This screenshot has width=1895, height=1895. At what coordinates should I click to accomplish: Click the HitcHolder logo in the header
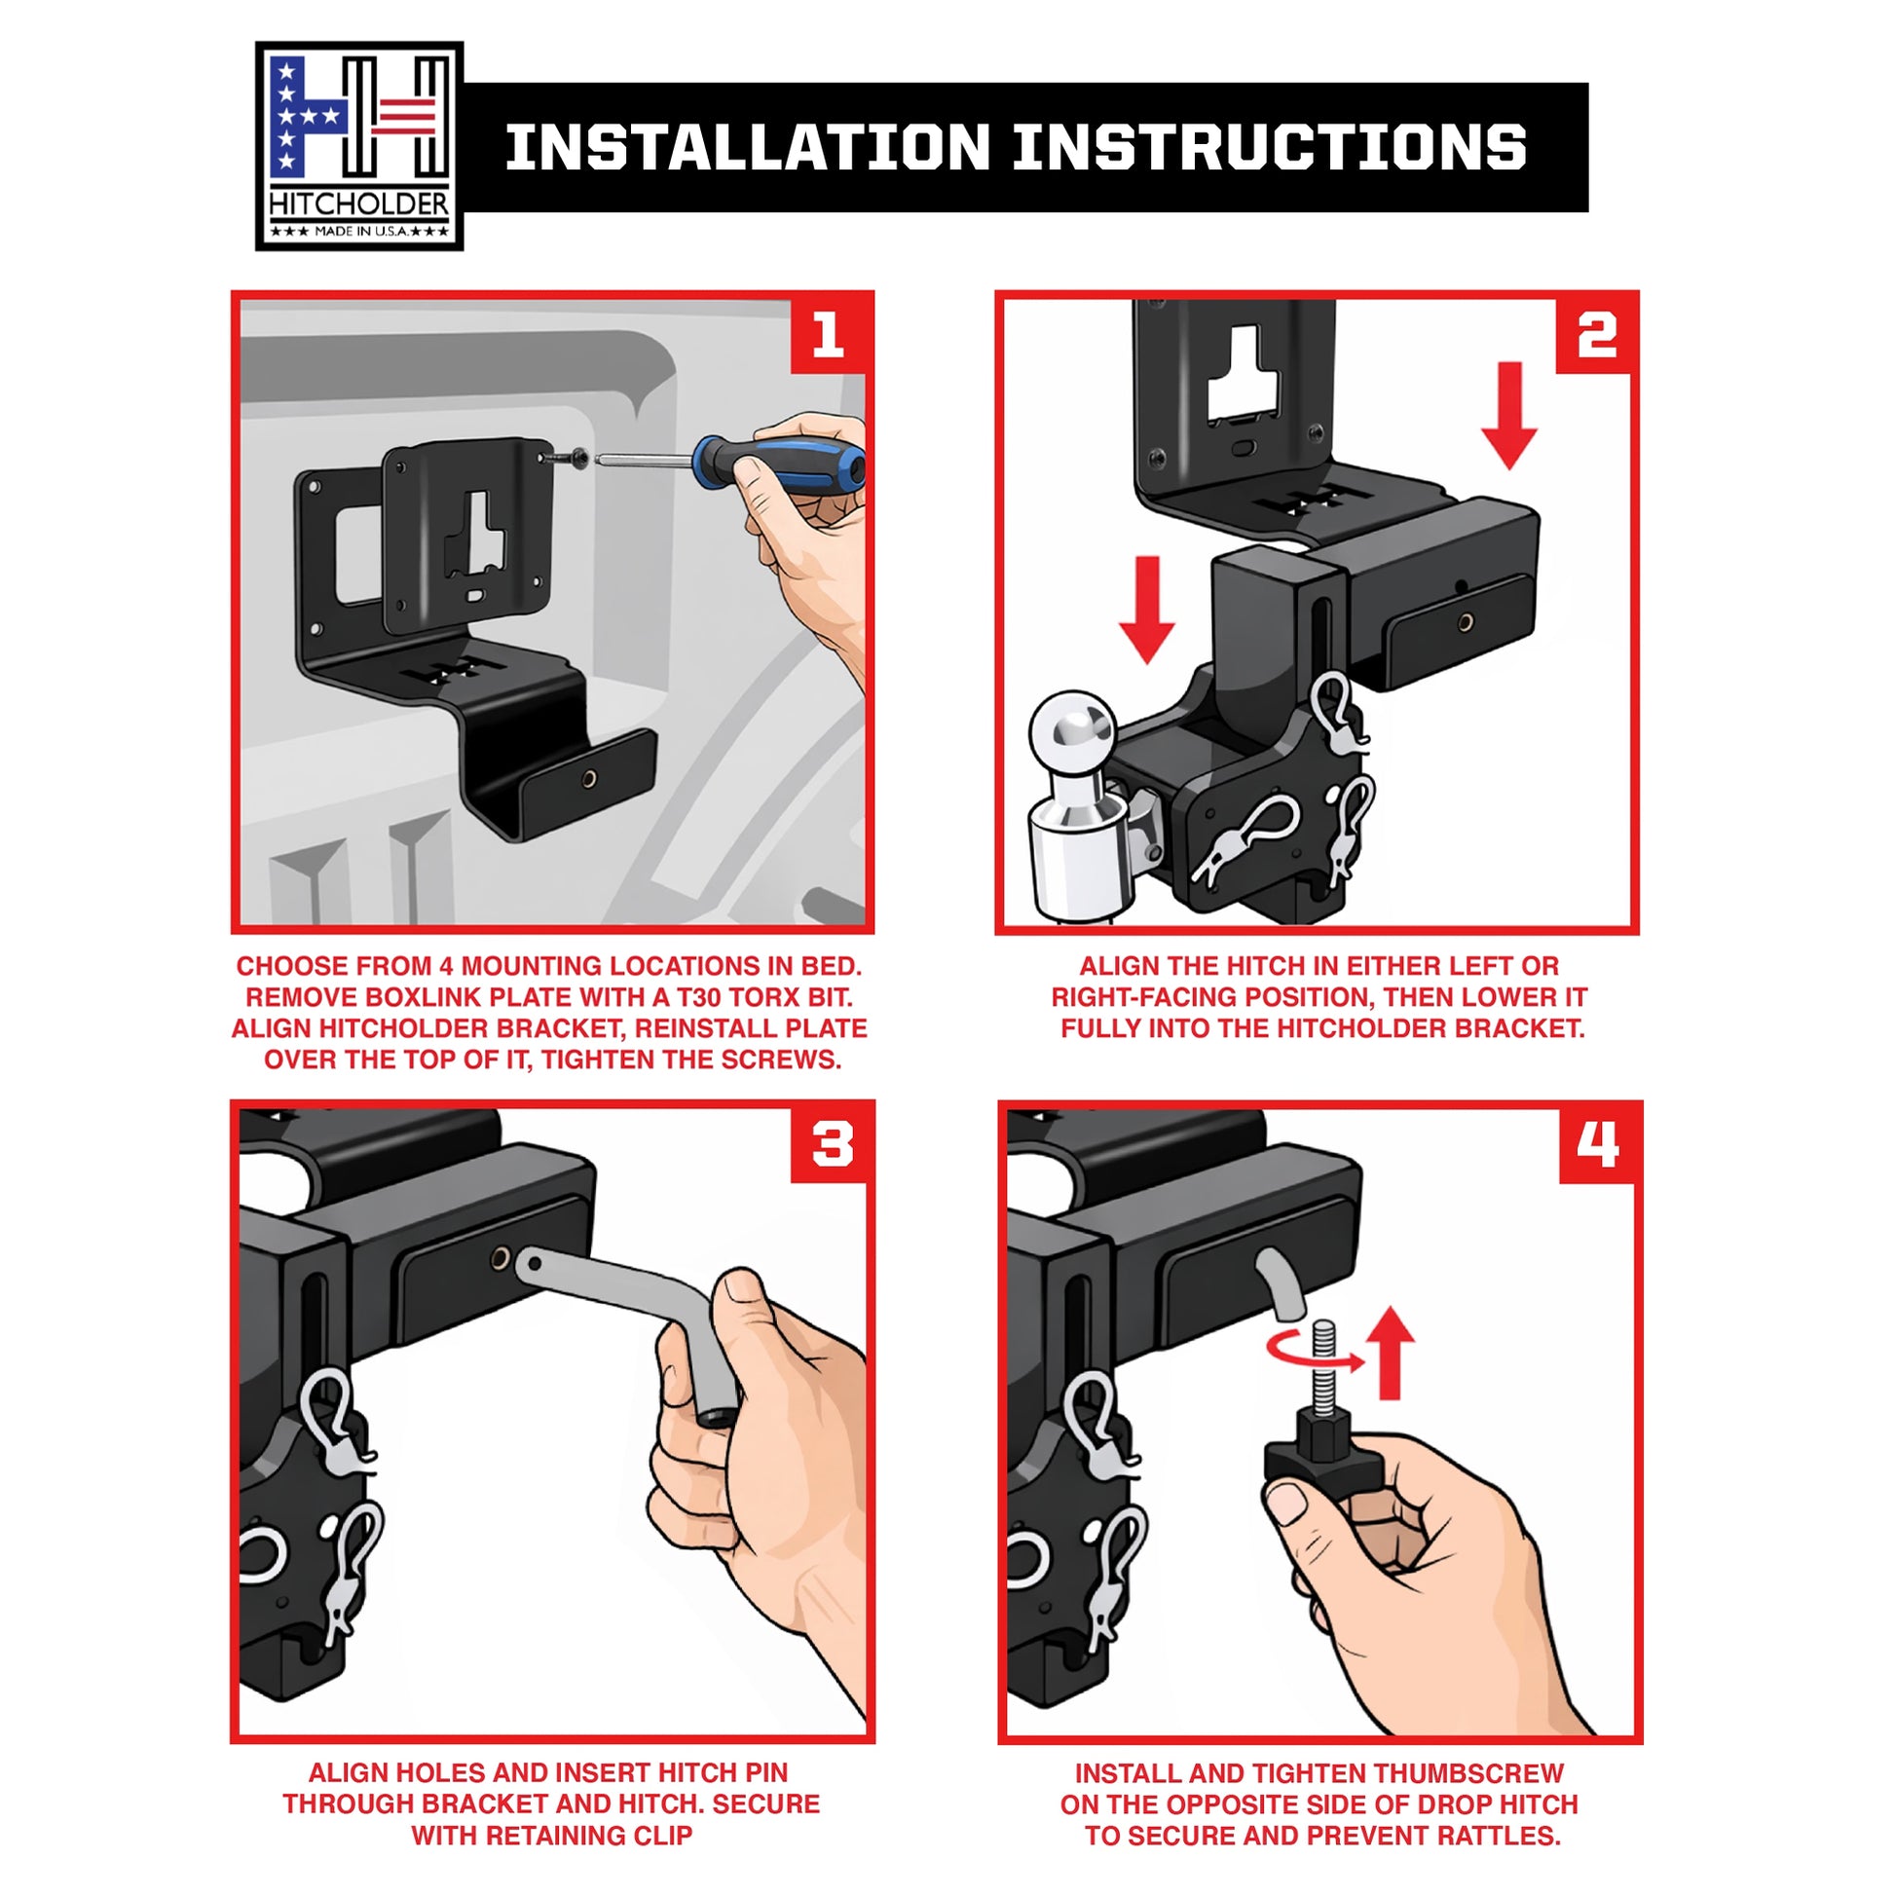(x=359, y=145)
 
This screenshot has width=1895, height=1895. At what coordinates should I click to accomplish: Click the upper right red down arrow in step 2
(x=1509, y=415)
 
